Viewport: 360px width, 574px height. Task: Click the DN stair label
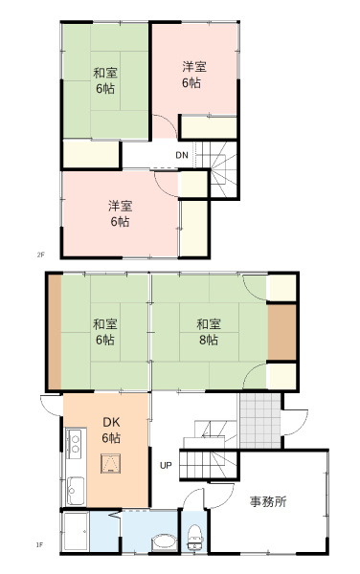pos(182,155)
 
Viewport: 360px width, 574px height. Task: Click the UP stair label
pos(166,466)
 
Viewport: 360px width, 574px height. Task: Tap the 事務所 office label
pos(268,501)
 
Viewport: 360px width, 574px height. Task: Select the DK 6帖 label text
pos(111,431)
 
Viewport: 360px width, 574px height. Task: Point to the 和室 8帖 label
pos(207,332)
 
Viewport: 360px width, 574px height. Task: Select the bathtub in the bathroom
pos(76,532)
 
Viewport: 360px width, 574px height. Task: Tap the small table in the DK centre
pos(113,466)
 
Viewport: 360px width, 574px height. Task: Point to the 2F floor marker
pos(40,255)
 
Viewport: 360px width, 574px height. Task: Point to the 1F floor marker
pos(40,545)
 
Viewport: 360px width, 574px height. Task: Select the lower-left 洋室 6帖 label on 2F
pos(119,213)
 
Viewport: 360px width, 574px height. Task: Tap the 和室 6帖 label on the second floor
pos(104,80)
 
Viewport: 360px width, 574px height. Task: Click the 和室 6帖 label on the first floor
pos(104,332)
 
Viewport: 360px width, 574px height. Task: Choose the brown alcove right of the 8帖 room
pos(281,330)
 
